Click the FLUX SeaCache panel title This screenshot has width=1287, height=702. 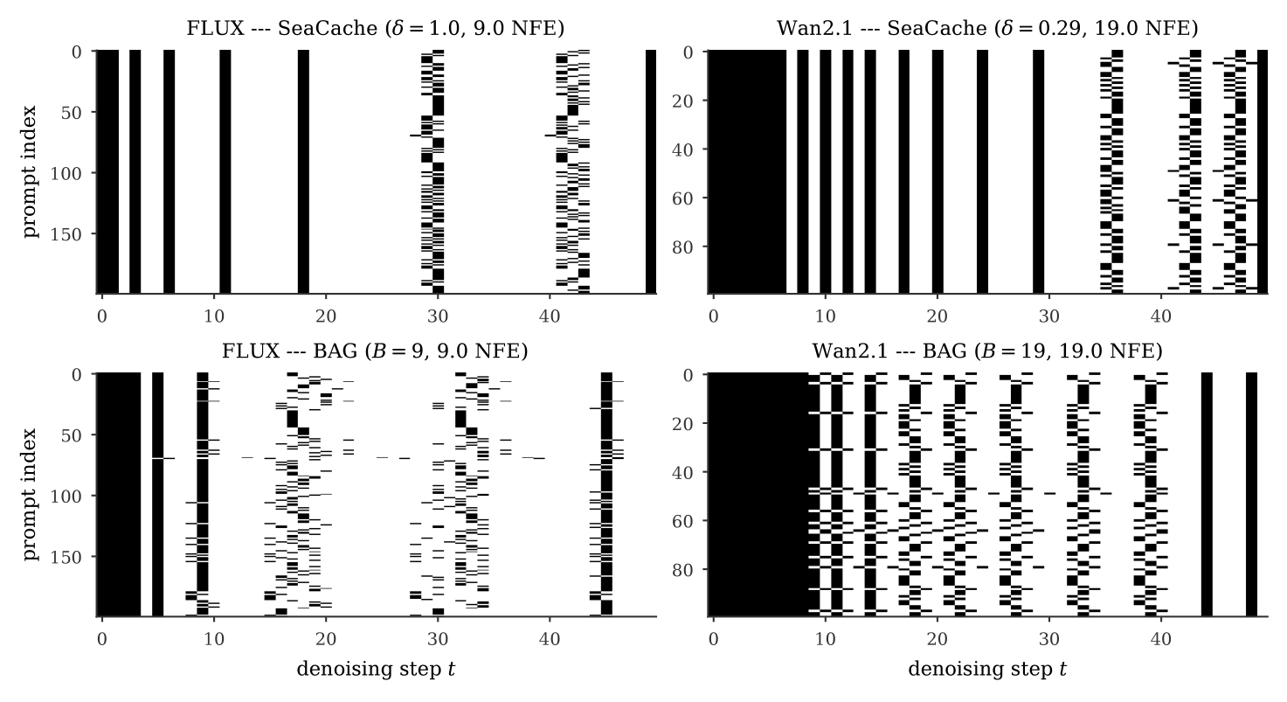click(x=376, y=28)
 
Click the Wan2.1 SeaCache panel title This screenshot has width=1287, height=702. click(x=987, y=28)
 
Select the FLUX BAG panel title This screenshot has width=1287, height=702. click(x=375, y=351)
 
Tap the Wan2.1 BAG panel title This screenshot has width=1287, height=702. click(x=987, y=351)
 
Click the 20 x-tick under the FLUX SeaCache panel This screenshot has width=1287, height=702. click(x=326, y=316)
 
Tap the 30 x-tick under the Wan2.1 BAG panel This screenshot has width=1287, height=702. click(x=1049, y=639)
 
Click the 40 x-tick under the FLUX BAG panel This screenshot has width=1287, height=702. click(x=550, y=639)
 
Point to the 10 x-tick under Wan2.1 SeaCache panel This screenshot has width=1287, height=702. click(x=825, y=316)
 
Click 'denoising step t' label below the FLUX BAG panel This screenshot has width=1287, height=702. click(x=376, y=669)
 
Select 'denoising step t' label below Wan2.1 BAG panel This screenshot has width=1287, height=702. click(x=987, y=669)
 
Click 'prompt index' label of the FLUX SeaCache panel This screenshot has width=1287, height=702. click(x=30, y=171)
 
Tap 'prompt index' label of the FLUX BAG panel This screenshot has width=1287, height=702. click(x=30, y=495)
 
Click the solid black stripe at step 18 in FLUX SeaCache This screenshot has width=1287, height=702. click(x=303, y=172)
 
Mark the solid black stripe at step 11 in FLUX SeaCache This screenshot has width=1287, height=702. click(x=225, y=172)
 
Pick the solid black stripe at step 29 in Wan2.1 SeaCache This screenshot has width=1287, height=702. click(x=1038, y=172)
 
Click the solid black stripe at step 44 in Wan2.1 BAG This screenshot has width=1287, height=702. click(x=1207, y=495)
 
